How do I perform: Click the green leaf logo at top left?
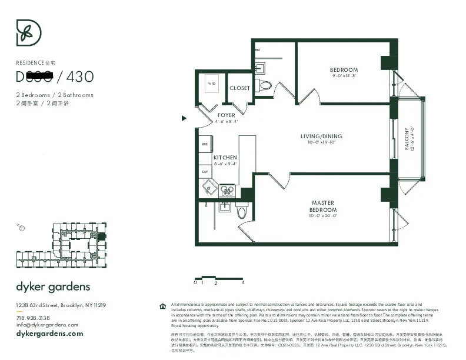coord(28,33)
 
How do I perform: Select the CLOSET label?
coord(239,88)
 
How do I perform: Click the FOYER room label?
coord(226,115)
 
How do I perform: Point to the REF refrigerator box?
coord(205,144)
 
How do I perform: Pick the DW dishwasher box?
coord(205,172)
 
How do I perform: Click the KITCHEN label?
coord(225,158)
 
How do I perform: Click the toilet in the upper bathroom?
coord(265,85)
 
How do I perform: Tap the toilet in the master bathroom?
coord(242,212)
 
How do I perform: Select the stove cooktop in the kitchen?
coord(227,191)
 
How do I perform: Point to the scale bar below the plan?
coord(218,278)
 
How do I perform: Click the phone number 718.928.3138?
coord(33,318)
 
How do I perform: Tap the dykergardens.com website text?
coord(49,334)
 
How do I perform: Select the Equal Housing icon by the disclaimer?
coord(162,306)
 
